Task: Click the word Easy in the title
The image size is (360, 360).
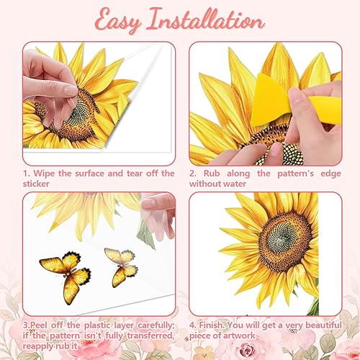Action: (x=118, y=21)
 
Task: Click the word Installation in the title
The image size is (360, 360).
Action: (x=205, y=19)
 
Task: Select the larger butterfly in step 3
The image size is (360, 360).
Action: (x=66, y=276)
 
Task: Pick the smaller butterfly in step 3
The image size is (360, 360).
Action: (x=122, y=266)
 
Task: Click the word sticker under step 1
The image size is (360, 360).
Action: (x=36, y=184)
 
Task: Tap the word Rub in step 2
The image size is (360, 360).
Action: (x=212, y=174)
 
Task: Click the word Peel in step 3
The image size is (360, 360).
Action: (x=39, y=325)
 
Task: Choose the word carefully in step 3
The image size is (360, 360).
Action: (x=156, y=325)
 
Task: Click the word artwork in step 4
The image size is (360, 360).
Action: (x=240, y=336)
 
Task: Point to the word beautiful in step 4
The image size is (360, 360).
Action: (x=323, y=325)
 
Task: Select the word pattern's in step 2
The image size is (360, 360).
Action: (x=295, y=174)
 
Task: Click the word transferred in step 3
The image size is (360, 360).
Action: (x=150, y=336)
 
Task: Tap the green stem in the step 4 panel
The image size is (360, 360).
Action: (x=313, y=307)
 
